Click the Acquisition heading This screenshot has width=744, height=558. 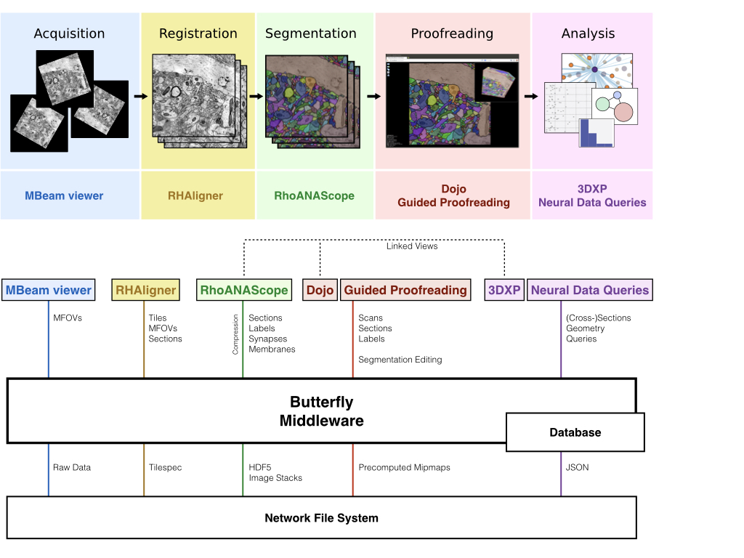69,33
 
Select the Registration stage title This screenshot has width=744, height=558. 198,33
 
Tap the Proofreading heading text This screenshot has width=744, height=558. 452,33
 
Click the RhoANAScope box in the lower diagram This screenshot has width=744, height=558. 244,290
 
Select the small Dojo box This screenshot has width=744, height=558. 320,290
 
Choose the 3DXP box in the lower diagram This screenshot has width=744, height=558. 504,290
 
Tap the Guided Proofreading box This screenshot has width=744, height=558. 405,290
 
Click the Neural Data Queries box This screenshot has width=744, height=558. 589,290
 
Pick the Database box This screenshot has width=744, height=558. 575,432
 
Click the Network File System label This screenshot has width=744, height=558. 321,518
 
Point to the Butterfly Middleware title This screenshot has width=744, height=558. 321,411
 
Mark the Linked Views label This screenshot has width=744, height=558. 412,246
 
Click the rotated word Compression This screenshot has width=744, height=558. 235,334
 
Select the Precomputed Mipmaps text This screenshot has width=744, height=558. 404,467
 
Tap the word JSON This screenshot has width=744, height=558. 577,467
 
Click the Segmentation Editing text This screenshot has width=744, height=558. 400,360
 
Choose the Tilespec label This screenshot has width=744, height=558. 165,467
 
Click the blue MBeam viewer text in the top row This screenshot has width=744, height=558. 64,195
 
